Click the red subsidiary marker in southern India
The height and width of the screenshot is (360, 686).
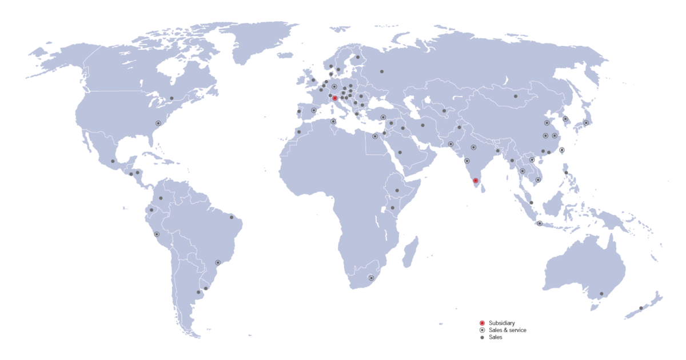click(x=476, y=181)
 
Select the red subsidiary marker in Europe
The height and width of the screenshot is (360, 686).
click(x=335, y=98)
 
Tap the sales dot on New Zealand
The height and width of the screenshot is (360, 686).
click(x=641, y=308)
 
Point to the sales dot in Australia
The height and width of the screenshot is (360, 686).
click(x=601, y=294)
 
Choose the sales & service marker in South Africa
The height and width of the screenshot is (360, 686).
click(x=372, y=278)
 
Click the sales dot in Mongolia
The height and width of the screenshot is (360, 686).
click(x=516, y=97)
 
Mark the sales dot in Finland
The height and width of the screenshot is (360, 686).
click(x=358, y=57)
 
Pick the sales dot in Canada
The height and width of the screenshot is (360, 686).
click(x=171, y=98)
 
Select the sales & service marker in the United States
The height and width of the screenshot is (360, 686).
click(x=158, y=123)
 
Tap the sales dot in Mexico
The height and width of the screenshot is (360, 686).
click(x=113, y=161)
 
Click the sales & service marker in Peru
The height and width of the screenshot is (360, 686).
click(x=157, y=234)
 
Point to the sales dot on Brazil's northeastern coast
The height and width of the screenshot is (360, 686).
click(x=231, y=217)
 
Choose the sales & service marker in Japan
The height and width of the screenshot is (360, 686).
click(x=586, y=123)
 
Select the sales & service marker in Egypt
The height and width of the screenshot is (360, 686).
click(x=375, y=136)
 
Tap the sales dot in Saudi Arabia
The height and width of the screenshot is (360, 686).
click(x=400, y=153)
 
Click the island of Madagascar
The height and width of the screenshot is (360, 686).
click(x=410, y=253)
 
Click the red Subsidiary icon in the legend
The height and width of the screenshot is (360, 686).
click(x=482, y=323)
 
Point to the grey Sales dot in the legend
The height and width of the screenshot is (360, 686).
click(x=482, y=338)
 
